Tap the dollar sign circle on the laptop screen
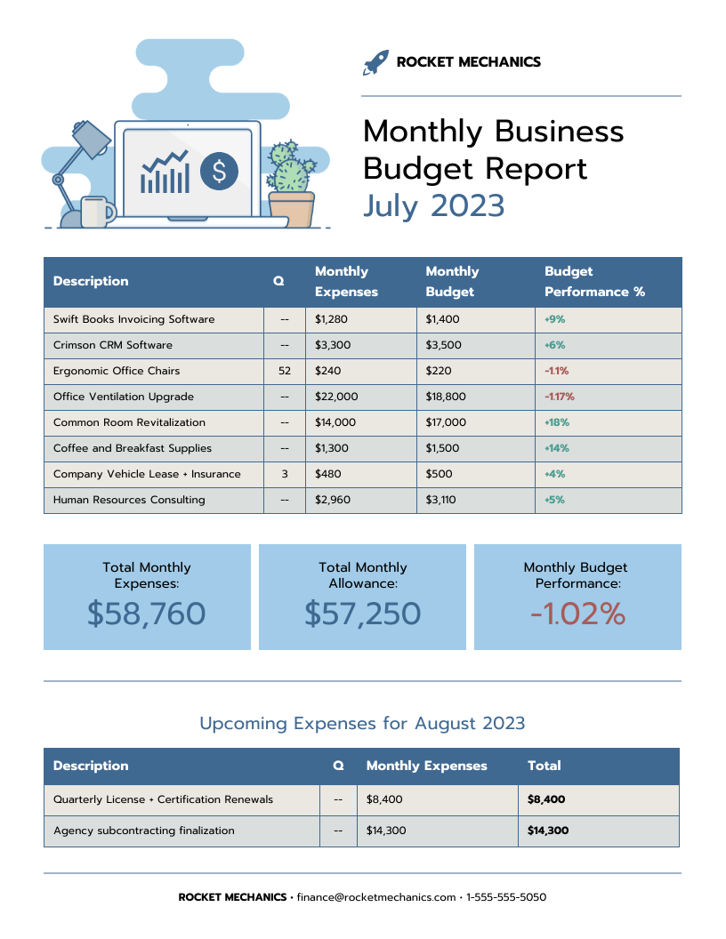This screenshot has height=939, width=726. (220, 171)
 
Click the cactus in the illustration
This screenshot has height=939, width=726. (290, 168)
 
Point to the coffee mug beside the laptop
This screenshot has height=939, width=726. (96, 212)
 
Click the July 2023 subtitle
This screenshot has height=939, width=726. (433, 205)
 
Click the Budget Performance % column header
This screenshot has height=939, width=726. (594, 281)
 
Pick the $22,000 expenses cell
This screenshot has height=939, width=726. (336, 397)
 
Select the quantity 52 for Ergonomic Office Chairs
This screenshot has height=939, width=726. (285, 371)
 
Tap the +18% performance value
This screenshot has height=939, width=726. (557, 422)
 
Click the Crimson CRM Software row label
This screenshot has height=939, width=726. (113, 345)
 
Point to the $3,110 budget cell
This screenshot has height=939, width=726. (440, 500)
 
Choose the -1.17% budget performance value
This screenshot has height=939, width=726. (560, 397)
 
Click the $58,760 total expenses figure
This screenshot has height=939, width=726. (147, 614)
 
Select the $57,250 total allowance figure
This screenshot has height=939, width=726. (362, 614)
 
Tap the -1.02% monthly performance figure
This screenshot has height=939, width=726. (577, 614)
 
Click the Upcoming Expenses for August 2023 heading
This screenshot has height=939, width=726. (362, 723)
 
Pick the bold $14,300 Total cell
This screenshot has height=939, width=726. (548, 831)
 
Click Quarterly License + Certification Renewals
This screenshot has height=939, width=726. (163, 799)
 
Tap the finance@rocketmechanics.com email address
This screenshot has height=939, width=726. (375, 897)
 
